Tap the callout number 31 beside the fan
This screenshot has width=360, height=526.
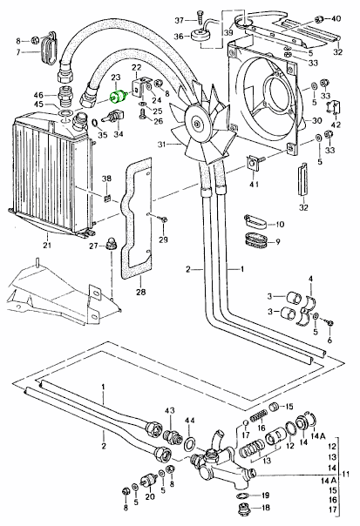(x=161, y=145)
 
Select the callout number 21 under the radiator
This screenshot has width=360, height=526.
(x=47, y=246)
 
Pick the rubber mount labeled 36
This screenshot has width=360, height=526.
(x=198, y=36)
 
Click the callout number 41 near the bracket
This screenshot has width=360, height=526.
(x=255, y=185)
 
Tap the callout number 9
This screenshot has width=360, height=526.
(x=279, y=241)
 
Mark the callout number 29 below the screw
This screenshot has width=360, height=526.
(x=162, y=240)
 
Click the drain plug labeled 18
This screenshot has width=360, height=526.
(x=242, y=507)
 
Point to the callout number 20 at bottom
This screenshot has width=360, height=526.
(x=150, y=496)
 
